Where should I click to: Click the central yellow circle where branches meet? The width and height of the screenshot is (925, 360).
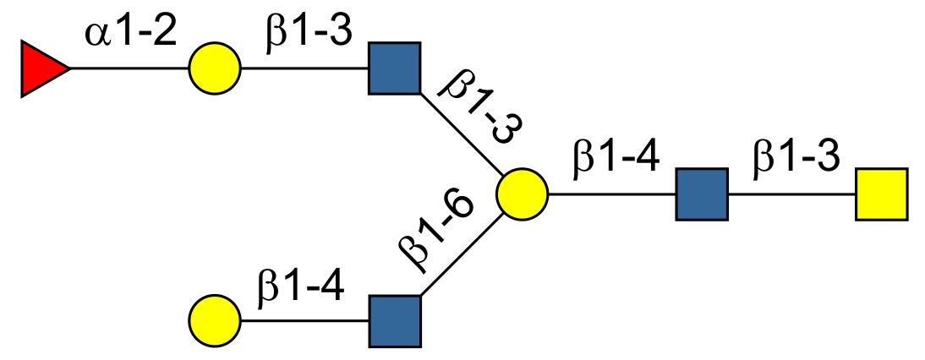(522, 194)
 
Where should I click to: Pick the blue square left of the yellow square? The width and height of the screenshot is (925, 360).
(702, 194)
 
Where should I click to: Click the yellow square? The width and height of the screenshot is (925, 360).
(881, 194)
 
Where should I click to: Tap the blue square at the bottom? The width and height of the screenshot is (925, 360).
(394, 321)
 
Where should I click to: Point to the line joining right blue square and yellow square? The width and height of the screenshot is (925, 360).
(791, 194)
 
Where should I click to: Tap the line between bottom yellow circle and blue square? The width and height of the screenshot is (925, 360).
(304, 321)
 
